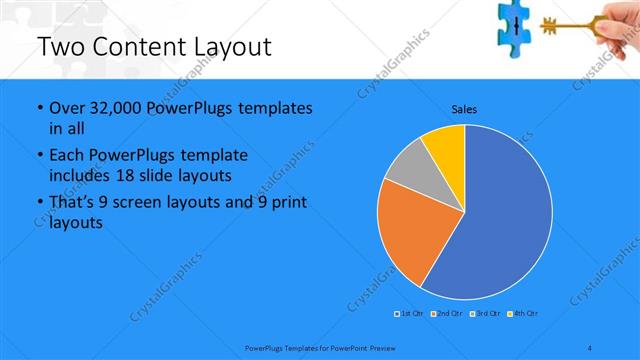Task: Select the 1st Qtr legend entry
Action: [x=410, y=315]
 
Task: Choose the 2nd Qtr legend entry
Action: [x=446, y=315]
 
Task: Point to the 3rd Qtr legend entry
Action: [x=484, y=315]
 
